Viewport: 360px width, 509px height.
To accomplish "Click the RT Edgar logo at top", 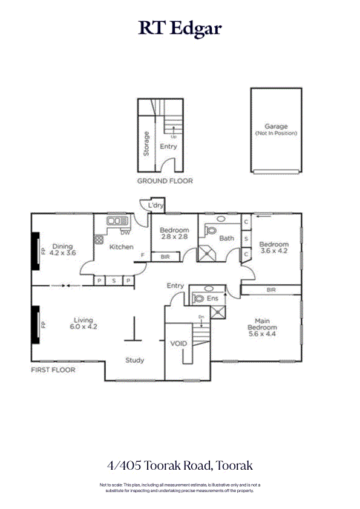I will coord(180,28).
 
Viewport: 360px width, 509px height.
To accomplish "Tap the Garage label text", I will coord(276,127).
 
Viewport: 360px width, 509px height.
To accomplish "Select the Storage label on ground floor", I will coord(146,144).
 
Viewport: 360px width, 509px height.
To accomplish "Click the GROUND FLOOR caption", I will coord(165,181).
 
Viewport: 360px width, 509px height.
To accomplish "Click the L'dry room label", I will coord(156,206).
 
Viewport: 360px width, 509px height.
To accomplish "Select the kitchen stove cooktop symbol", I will coord(99,239).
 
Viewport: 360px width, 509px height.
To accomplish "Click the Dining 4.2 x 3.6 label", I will coord(63,250).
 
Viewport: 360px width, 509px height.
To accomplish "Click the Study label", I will coord(134,360).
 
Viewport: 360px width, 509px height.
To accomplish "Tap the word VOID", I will coord(179,343).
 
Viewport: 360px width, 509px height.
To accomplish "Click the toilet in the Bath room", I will coord(211,230).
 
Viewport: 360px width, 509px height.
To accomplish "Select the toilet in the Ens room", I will coord(198,297).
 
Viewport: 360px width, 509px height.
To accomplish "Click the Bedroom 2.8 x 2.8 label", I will coord(174,233).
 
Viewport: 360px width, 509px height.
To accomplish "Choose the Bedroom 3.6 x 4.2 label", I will coord(274,248).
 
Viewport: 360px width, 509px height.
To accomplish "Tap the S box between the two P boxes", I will coord(114,280).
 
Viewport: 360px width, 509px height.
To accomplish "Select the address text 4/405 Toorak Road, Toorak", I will coord(180,465).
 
